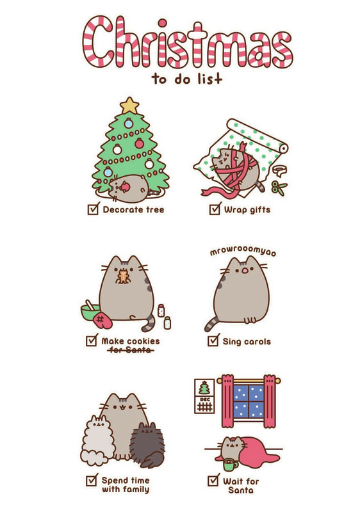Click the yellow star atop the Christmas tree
129,105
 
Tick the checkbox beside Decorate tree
93,209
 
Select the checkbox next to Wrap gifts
214,209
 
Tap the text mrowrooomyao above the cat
243,252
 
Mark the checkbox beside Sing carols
213,341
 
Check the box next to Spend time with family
92,480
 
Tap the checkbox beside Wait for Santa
213,480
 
